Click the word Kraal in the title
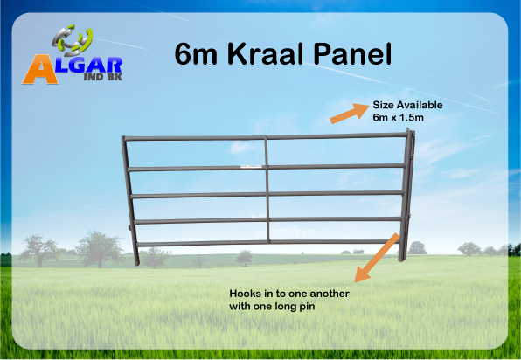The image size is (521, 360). click(266, 54)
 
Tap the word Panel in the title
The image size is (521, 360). click(352, 54)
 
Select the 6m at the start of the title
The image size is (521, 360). click(196, 54)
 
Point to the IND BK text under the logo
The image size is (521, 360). click(103, 77)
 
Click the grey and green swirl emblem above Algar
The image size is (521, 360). click(72, 40)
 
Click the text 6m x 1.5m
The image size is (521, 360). click(398, 118)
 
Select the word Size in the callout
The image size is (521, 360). click(383, 105)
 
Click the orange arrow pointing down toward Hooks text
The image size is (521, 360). click(377, 258)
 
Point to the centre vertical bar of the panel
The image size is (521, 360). click(267, 190)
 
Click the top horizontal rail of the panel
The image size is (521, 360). click(267, 136)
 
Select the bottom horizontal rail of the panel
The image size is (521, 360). click(268, 243)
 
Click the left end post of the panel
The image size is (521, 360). click(130, 201)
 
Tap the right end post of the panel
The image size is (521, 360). click(407, 195)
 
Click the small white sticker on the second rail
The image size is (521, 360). click(251, 166)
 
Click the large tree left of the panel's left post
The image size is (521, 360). click(99, 248)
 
